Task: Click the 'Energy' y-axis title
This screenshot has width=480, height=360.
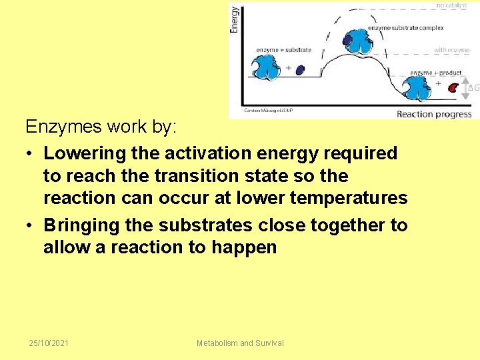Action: coord(234,19)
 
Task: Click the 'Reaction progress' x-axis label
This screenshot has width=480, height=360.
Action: coord(434,114)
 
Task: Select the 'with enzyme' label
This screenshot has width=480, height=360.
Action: coord(452,50)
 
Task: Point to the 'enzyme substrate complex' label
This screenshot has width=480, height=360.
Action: coord(406,28)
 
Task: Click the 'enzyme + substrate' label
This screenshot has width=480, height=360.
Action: coord(283,50)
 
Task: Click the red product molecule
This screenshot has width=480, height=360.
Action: coord(453,87)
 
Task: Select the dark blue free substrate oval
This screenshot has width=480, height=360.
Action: coord(300,69)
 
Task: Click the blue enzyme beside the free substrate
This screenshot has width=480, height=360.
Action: coord(267,67)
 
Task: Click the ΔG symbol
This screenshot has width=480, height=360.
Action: coord(474,87)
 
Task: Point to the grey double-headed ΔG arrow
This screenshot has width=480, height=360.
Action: coord(466,87)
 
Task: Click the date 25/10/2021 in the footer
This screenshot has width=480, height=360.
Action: coord(49,343)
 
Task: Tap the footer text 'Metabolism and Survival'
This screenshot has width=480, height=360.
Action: coord(240,343)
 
